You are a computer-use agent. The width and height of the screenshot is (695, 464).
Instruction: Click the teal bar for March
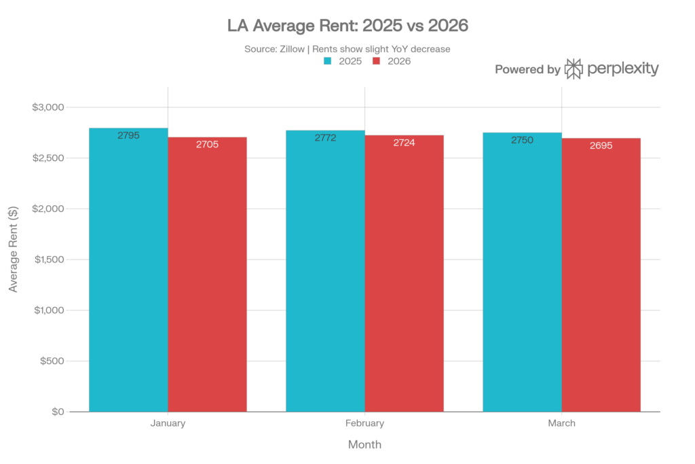pyautogui.click(x=522, y=272)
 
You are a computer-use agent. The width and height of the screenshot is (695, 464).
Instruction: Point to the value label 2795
pyautogui.click(x=128, y=136)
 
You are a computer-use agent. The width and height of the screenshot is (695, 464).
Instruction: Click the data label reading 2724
pyautogui.click(x=405, y=143)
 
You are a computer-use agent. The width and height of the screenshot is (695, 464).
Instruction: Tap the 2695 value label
pyautogui.click(x=601, y=146)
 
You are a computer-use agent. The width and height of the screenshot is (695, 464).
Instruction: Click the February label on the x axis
pyautogui.click(x=364, y=423)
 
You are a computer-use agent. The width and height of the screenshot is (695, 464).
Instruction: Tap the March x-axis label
pyautogui.click(x=561, y=423)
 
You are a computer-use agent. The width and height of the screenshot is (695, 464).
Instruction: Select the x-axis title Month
pyautogui.click(x=364, y=445)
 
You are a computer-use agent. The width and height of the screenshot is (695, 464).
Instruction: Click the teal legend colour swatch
pyautogui.click(x=327, y=61)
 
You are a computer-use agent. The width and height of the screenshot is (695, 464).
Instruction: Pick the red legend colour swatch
pyautogui.click(x=376, y=61)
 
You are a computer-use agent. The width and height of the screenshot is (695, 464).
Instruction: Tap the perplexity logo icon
pyautogui.click(x=574, y=69)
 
